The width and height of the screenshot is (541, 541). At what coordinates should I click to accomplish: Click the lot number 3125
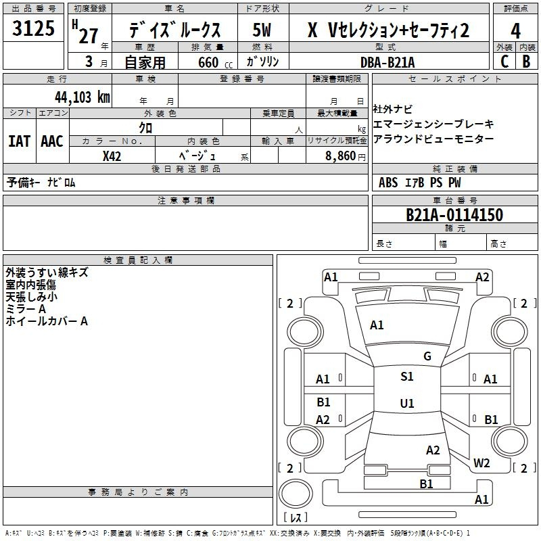tap(33, 28)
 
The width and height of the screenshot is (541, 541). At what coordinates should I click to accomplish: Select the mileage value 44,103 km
tap(83, 97)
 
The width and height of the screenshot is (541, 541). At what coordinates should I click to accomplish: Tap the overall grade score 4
tap(515, 31)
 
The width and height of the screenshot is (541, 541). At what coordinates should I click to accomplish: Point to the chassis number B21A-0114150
tap(454, 215)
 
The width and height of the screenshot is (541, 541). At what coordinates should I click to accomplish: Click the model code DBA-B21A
tap(387, 62)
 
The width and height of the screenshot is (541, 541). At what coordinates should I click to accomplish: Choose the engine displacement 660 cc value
tap(215, 62)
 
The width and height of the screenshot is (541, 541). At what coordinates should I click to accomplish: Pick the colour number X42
tap(112, 156)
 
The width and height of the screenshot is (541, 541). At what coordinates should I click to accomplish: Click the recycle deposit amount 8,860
tap(341, 156)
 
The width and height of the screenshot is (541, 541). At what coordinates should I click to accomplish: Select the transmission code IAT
tap(20, 141)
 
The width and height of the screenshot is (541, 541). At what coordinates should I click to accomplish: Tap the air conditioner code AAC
tap(52, 141)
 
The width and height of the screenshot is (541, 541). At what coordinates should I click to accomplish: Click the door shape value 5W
tap(262, 30)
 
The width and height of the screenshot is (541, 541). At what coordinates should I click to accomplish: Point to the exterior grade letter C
tap(504, 62)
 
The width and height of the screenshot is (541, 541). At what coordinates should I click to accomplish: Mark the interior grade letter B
tap(526, 62)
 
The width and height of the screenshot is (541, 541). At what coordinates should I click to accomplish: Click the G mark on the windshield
tap(427, 356)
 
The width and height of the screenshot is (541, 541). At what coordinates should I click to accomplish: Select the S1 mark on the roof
tap(407, 377)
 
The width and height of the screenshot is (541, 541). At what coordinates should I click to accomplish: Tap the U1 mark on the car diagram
tap(407, 403)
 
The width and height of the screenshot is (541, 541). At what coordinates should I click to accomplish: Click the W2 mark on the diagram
tap(481, 463)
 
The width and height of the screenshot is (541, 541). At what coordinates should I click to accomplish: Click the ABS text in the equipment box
tap(388, 183)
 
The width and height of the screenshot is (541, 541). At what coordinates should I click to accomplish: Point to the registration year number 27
tap(89, 36)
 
